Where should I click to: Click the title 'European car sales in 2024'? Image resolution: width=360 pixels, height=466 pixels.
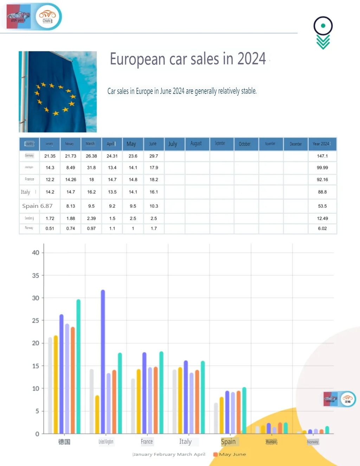(x=188, y=59)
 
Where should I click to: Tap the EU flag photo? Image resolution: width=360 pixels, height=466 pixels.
(x=58, y=92)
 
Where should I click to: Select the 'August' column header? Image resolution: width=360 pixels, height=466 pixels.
(x=196, y=143)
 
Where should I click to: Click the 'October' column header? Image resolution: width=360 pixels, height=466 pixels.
(x=245, y=144)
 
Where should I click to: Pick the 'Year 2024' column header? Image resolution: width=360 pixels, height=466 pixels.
(x=321, y=144)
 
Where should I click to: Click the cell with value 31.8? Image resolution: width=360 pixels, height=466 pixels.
(x=91, y=168)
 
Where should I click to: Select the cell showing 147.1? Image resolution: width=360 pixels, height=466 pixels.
(x=322, y=156)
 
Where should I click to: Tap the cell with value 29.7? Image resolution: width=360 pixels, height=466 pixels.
(x=154, y=156)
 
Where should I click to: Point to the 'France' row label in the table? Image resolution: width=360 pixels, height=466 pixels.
(x=30, y=179)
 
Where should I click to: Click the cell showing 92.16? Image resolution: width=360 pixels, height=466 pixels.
(x=322, y=180)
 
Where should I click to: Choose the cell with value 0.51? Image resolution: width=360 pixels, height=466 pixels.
(x=50, y=229)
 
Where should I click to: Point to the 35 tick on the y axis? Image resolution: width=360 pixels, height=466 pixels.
(x=36, y=275)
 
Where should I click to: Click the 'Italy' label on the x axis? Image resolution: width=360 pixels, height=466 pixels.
(x=185, y=442)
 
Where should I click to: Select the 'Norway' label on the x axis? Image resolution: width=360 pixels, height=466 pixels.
(x=313, y=442)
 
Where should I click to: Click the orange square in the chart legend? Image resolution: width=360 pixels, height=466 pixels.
(x=215, y=454)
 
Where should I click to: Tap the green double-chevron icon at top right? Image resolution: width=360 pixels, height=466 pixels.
(x=323, y=42)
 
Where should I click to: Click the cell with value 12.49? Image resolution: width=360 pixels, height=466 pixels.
(x=322, y=218)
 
